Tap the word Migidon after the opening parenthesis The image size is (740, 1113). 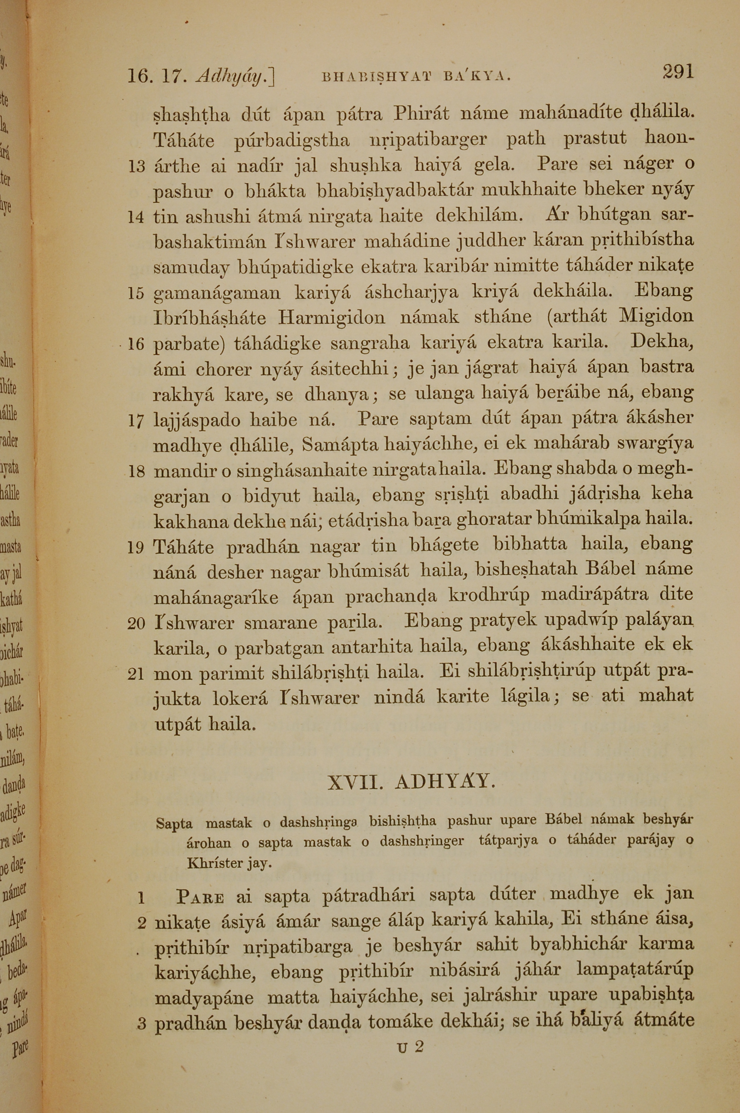click(x=656, y=315)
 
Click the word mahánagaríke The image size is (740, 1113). click(x=216, y=598)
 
